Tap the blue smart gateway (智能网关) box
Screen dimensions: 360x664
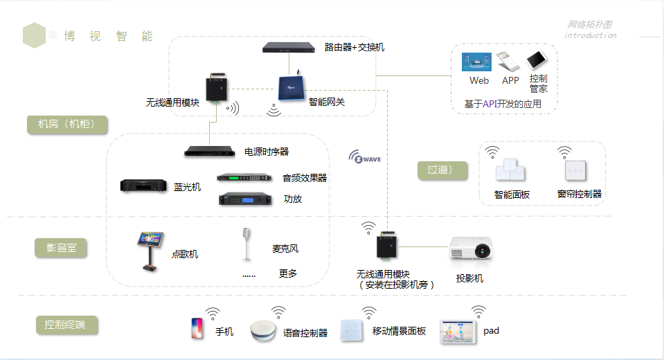291,88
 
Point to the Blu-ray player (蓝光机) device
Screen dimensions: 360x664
144,186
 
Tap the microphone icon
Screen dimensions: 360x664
246,244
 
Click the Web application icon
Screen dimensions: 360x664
476,62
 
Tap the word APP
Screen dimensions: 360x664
510,80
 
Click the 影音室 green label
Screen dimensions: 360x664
61,248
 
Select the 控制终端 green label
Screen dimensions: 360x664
66,324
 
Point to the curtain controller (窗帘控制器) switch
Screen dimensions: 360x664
575,170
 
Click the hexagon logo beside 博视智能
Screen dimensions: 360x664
34,35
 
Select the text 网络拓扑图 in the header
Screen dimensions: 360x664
590,25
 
